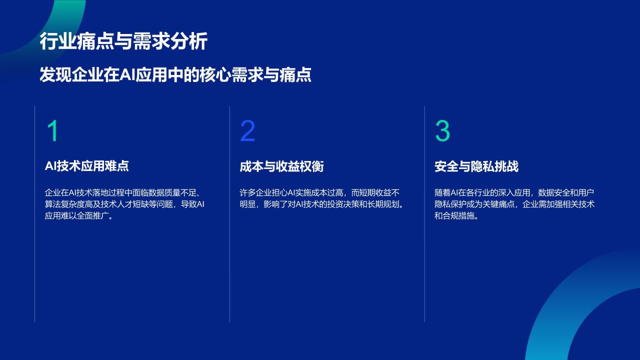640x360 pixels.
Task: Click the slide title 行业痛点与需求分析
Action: [x=123, y=41]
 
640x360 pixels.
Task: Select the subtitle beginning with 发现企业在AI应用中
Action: [x=175, y=75]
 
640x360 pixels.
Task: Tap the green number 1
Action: [x=52, y=131]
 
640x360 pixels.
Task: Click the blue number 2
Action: [x=247, y=131]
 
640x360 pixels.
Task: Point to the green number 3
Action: [x=442, y=131]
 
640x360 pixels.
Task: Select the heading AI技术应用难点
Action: [x=86, y=166]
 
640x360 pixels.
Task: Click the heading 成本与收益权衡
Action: [x=281, y=166]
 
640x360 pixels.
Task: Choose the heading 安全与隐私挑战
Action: [x=476, y=166]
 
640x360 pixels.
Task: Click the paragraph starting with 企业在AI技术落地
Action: [x=124, y=204]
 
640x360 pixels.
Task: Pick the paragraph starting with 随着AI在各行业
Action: [x=514, y=204]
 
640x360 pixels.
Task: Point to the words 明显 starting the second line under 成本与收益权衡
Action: [x=247, y=204]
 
